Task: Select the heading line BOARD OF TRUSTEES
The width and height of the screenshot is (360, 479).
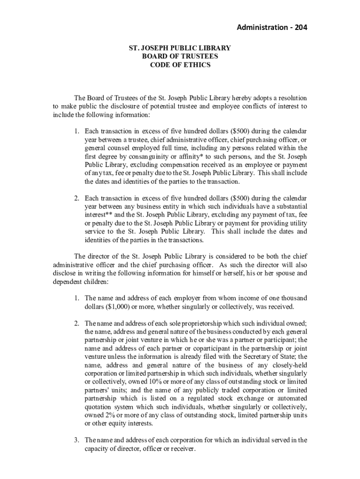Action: click(180, 57)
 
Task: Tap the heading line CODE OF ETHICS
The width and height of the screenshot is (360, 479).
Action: click(180, 65)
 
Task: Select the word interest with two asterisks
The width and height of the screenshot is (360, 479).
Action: click(96, 214)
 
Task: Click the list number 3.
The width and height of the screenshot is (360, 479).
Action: click(77, 440)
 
